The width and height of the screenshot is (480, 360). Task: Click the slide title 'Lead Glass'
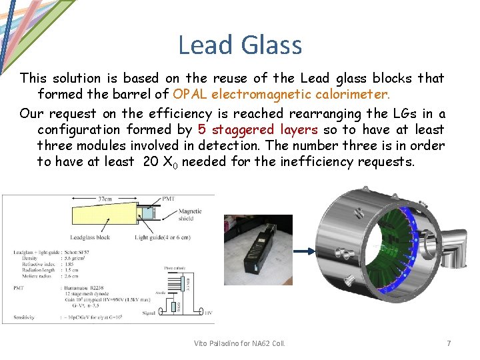239,45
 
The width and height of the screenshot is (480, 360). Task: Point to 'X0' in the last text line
170,162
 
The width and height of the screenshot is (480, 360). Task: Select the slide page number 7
449,343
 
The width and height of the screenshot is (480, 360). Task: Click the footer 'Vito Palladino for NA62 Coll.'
239,343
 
